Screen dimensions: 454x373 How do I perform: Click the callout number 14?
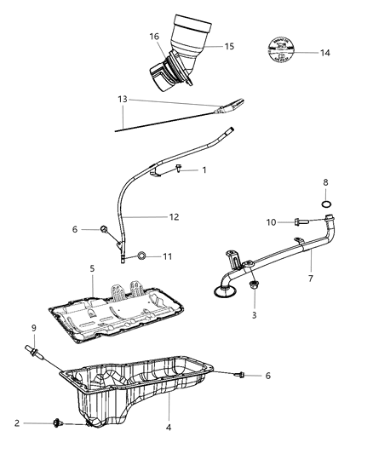click(324, 53)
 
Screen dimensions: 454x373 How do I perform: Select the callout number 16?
click(154, 37)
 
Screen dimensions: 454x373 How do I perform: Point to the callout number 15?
click(230, 46)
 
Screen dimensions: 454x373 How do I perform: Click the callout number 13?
click(123, 99)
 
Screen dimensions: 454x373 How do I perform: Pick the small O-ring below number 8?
click(327, 204)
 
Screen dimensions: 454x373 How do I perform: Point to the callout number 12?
click(174, 217)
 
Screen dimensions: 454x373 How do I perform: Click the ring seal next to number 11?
click(143, 256)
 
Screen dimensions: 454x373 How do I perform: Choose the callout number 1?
click(204, 170)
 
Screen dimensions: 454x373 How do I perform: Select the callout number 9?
click(33, 328)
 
